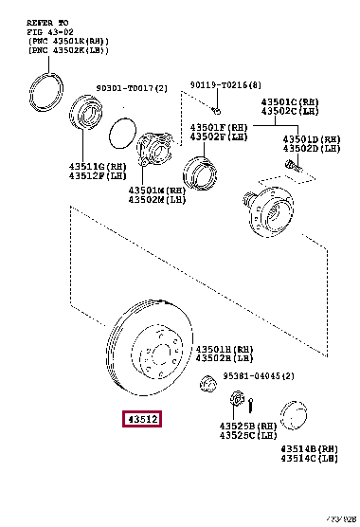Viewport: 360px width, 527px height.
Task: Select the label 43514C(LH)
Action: click(x=309, y=459)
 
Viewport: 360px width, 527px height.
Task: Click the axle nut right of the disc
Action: click(x=203, y=383)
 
